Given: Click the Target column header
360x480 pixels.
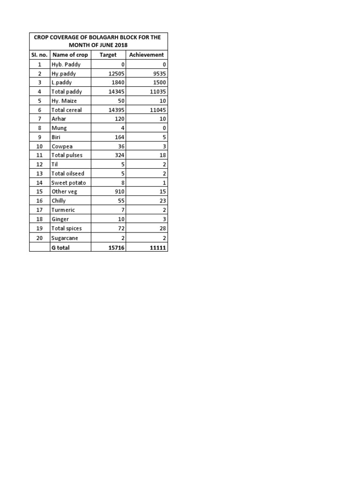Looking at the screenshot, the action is pyautogui.click(x=108, y=55).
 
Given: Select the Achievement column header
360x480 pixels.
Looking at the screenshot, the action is pyautogui.click(x=146, y=55).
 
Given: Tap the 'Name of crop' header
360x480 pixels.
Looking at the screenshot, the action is pyautogui.click(x=70, y=55).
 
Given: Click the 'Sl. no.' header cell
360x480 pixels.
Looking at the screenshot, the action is pyautogui.click(x=39, y=55).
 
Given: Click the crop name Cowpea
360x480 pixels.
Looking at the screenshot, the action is pyautogui.click(x=61, y=146).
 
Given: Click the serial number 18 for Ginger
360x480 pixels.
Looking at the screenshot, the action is pyautogui.click(x=39, y=219).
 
